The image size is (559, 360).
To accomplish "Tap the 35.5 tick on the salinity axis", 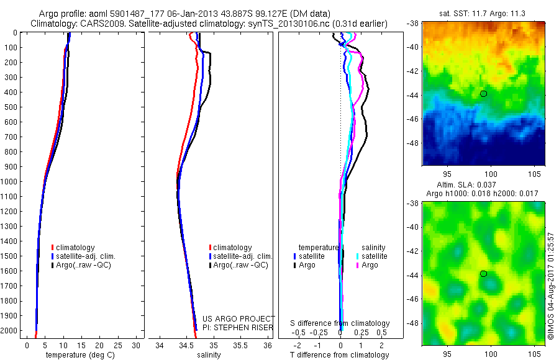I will coord(240,345).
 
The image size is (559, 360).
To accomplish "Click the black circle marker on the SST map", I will coord(483,94).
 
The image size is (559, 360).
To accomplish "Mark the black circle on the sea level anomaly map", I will coord(483,274).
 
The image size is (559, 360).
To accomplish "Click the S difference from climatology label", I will coord(340,323).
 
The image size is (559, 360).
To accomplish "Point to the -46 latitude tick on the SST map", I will coord(412,119).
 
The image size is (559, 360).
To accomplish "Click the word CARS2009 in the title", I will coord(101,24).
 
